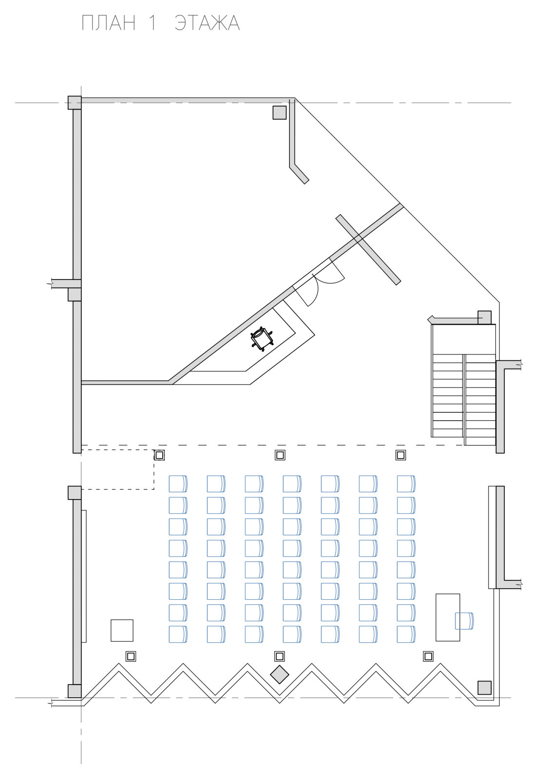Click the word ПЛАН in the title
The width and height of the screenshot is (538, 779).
pyautogui.click(x=108, y=23)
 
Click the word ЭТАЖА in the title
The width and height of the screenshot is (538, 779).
pyautogui.click(x=207, y=23)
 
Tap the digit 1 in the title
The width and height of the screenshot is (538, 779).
pyautogui.click(x=152, y=23)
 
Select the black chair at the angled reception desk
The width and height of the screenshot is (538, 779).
pyautogui.click(x=261, y=338)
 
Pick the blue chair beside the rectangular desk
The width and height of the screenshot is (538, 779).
pyautogui.click(x=464, y=621)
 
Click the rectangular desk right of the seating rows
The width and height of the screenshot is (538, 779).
pyautogui.click(x=447, y=617)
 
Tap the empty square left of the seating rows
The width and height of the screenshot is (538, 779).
pyautogui.click(x=122, y=630)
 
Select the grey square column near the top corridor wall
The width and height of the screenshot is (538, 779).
pyautogui.click(x=279, y=112)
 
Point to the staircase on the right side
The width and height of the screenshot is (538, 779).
pyautogui.click(x=463, y=385)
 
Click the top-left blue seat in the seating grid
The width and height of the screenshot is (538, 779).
pyautogui.click(x=178, y=484)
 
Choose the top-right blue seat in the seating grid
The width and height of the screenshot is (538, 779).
pyautogui.click(x=406, y=484)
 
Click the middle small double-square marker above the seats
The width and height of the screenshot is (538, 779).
pyautogui.click(x=280, y=455)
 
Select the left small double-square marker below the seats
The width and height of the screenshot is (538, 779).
pyautogui.click(x=131, y=656)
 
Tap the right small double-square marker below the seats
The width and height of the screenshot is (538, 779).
pyautogui.click(x=428, y=656)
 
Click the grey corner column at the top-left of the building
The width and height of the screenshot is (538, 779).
pyautogui.click(x=75, y=103)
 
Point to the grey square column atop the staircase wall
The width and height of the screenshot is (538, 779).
pyautogui.click(x=484, y=317)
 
